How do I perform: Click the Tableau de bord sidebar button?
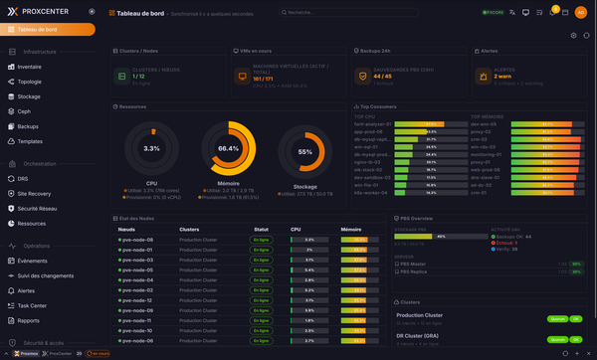point(49,29)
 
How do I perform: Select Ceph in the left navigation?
point(24,111)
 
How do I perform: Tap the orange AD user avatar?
point(580,12)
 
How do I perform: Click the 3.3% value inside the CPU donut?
point(151,148)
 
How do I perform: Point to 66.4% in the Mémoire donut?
point(228,148)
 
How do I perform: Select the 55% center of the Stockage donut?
point(305,152)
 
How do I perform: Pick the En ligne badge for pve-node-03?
point(262,260)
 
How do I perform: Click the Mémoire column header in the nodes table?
point(351,229)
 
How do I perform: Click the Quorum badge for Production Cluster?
point(556,318)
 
